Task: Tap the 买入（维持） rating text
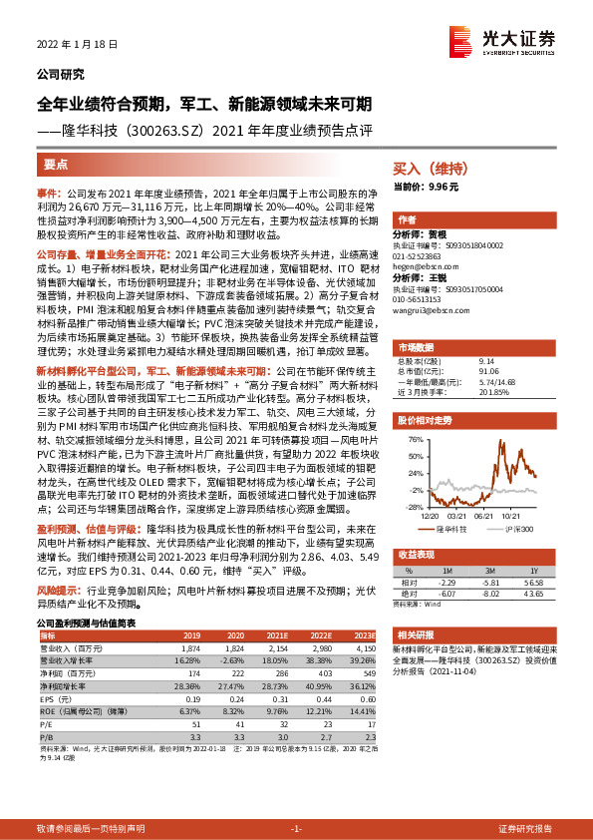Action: [x=428, y=170]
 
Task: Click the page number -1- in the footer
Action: [x=296, y=828]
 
